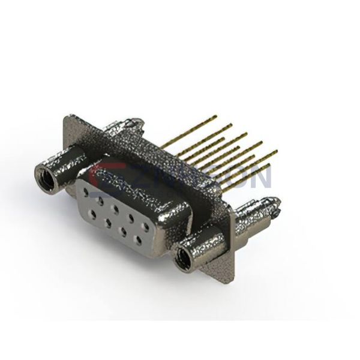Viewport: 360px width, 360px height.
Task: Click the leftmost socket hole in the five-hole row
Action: tap(88, 192)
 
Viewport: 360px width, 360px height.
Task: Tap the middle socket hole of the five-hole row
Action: tap(116, 209)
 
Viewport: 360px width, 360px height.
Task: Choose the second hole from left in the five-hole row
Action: tap(101, 200)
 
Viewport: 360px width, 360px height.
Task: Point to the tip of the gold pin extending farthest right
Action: tap(277, 151)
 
